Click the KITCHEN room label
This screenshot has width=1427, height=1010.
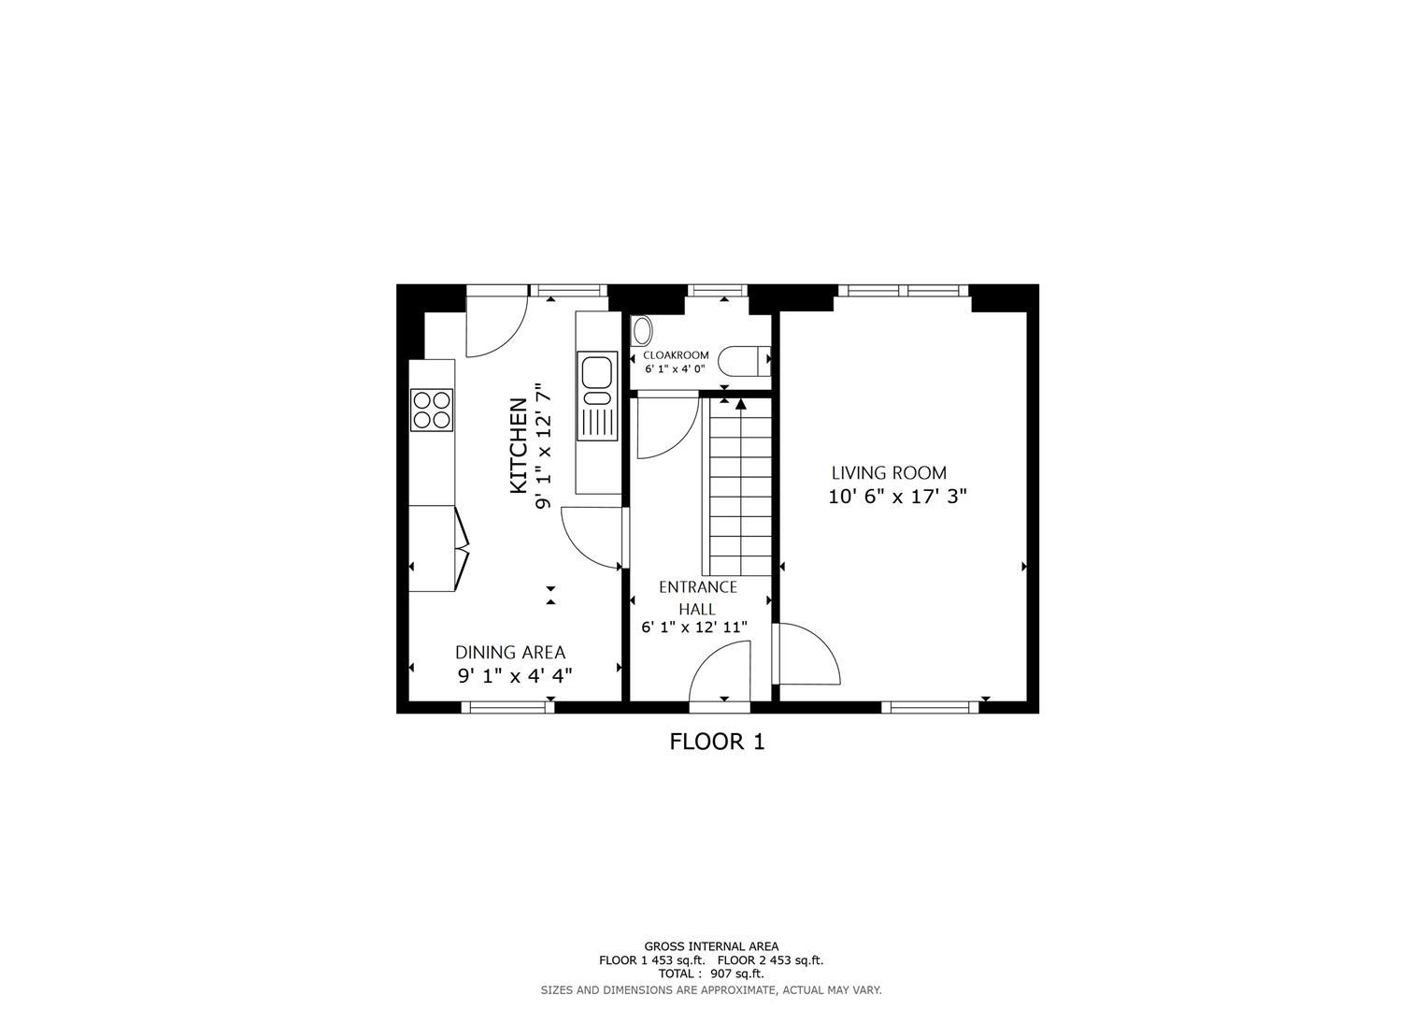tap(518, 446)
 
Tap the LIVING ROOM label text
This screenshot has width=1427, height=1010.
tap(889, 473)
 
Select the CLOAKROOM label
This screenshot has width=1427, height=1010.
tap(676, 355)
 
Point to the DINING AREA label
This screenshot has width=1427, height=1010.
tap(510, 653)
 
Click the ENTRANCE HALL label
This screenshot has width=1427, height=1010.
tap(697, 598)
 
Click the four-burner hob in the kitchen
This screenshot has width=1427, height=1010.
tap(432, 410)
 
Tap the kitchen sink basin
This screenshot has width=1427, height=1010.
tap(596, 372)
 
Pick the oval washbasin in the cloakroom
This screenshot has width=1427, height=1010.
tap(642, 331)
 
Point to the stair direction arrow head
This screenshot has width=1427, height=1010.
tap(741, 404)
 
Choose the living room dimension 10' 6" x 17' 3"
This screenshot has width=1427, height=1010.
tap(897, 498)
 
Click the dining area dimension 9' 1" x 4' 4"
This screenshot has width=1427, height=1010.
tap(514, 676)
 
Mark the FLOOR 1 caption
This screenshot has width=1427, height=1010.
tap(717, 743)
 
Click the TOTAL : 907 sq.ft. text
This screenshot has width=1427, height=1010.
tap(710, 974)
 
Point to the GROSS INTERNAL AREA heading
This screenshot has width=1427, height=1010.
tap(710, 946)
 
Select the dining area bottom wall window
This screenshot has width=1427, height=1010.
tap(508, 707)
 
